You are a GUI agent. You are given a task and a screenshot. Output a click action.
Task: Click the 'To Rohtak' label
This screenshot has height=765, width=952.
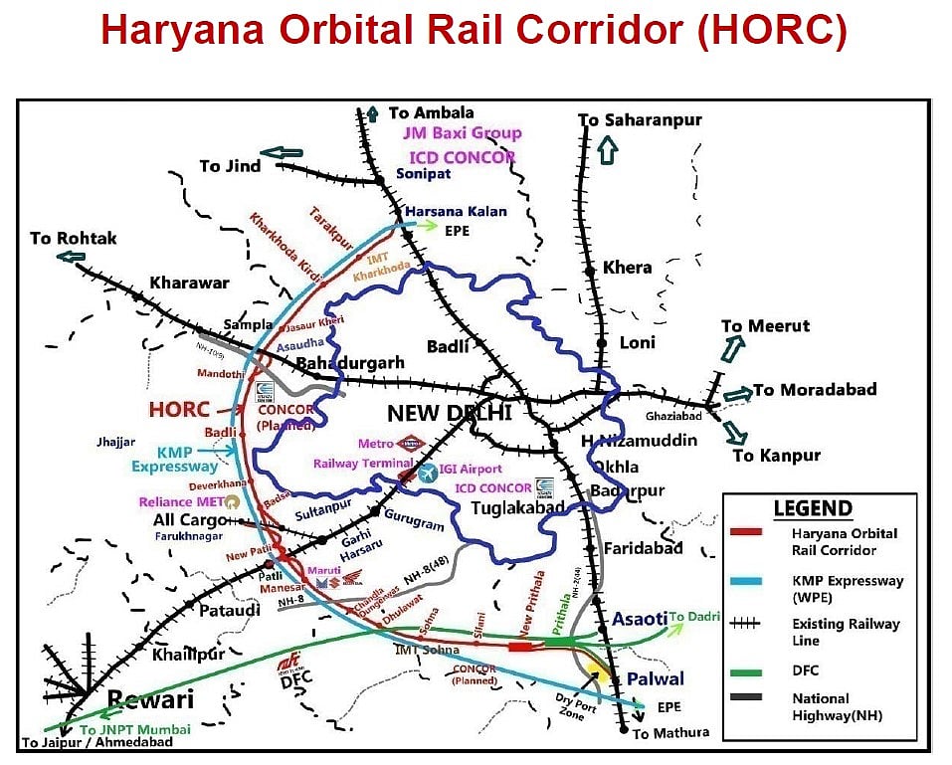[x=73, y=238]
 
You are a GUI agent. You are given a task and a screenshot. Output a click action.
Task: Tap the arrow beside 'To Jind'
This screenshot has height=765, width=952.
[x=286, y=153]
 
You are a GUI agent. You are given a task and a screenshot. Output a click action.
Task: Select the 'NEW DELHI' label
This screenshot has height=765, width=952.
[x=449, y=413]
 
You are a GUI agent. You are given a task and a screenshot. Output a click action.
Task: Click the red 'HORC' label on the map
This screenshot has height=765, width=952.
[x=179, y=409]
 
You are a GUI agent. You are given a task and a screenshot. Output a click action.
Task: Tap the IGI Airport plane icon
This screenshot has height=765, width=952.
[x=428, y=474]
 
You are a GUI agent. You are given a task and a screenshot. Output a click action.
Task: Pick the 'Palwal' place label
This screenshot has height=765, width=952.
[x=655, y=679]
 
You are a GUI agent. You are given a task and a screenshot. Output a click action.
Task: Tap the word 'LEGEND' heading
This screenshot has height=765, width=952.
[x=813, y=508]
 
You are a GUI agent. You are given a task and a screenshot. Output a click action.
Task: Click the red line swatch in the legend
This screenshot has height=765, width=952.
[x=745, y=533]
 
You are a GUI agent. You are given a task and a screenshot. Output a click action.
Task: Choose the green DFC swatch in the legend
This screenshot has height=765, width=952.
[x=745, y=670]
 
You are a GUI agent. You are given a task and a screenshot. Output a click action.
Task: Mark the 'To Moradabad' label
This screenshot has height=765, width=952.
[x=815, y=389]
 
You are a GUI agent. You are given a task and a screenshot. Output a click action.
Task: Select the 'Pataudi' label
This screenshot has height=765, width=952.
[x=230, y=610]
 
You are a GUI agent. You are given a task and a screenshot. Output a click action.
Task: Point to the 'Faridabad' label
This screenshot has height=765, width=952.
[x=643, y=547]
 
